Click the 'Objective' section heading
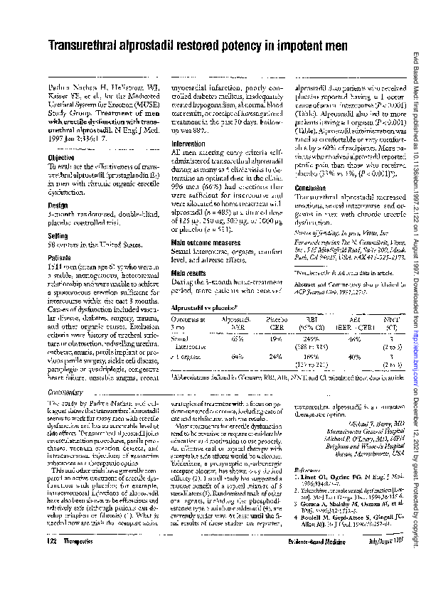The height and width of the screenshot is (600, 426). (x=61, y=157)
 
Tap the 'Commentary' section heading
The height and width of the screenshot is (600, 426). (x=68, y=393)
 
